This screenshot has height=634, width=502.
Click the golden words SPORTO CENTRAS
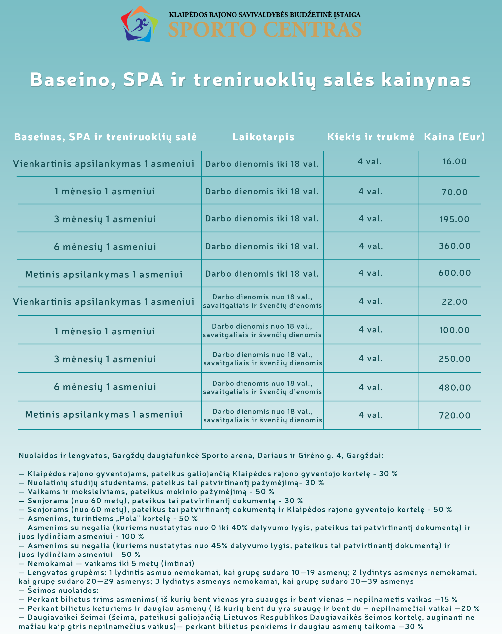[265, 29]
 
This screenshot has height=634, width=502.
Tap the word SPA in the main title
[143, 79]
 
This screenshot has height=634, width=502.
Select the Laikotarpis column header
[263, 137]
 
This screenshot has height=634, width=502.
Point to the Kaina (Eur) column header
[454, 137]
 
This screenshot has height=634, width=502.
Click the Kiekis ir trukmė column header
[371, 137]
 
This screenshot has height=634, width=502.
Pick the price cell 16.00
[454, 161]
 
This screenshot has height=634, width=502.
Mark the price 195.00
[454, 219]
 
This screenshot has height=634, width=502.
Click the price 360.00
[455, 246]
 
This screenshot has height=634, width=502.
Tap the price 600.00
[454, 273]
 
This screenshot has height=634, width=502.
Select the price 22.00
[454, 302]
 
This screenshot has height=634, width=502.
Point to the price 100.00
[454, 330]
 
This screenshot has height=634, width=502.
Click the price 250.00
[454, 359]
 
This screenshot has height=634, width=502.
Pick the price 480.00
[454, 388]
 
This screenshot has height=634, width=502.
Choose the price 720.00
[454, 416]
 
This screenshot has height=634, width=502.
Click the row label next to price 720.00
[104, 414]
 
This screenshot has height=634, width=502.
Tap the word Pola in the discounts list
[128, 519]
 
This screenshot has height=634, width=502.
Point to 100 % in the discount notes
[133, 536]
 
